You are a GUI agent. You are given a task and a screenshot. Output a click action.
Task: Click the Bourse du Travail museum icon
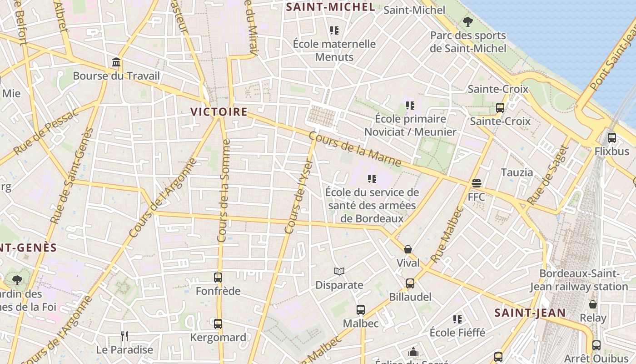(116, 62)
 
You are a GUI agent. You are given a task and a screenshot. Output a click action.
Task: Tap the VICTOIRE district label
(219, 112)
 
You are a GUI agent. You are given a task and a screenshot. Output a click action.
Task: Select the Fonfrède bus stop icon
(218, 277)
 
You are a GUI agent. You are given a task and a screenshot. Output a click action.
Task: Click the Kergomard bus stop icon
(218, 324)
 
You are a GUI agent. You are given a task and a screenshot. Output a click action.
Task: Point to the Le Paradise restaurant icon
(124, 336)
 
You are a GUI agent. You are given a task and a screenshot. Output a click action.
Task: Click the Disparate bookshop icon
(339, 272)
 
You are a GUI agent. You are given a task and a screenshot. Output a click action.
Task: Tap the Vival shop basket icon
(408, 249)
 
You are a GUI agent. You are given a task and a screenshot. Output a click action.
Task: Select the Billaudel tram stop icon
(410, 283)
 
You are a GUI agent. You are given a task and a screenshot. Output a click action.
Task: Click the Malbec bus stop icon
(361, 310)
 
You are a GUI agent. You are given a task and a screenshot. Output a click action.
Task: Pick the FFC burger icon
(476, 183)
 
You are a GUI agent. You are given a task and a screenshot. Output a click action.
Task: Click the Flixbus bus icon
(612, 137)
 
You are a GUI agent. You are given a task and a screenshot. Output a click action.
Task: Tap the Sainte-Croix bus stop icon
(500, 108)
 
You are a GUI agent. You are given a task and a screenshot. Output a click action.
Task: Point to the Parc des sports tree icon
(467, 21)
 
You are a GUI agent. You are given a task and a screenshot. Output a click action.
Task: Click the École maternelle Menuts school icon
(334, 30)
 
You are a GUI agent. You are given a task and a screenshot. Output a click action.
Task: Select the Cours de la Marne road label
(355, 149)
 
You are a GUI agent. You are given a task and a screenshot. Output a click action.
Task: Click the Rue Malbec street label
(447, 235)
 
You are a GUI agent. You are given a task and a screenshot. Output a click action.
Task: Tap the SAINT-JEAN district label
(530, 313)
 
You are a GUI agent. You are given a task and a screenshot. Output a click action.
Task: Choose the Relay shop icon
(593, 304)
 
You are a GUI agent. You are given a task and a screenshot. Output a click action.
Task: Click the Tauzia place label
(517, 172)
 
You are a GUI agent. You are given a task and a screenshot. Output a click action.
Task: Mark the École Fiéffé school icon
(457, 319)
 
